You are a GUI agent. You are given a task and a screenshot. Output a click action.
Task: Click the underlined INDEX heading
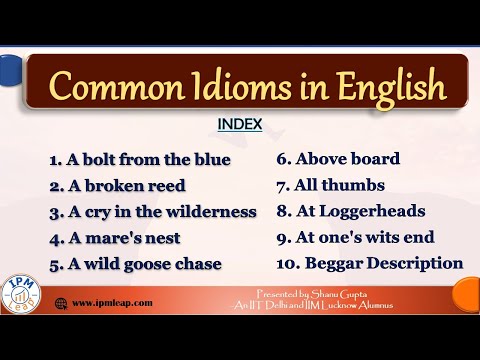click(240, 127)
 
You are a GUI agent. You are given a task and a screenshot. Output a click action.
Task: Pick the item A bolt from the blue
click(139, 160)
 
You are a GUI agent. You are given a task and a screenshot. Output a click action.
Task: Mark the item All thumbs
click(329, 185)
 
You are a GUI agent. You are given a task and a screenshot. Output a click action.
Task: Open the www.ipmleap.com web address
click(111, 302)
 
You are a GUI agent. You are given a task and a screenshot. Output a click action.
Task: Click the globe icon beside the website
click(61, 302)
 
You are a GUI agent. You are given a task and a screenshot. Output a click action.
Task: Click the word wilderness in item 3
click(210, 212)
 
